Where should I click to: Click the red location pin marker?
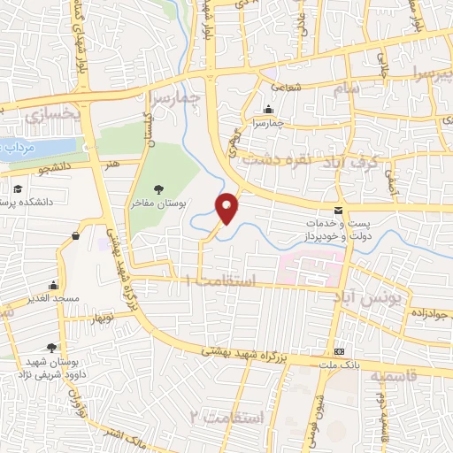click(227, 208)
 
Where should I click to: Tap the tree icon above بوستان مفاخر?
click(158, 188)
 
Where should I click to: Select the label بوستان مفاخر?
click(159, 203)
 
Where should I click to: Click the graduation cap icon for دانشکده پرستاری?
click(18, 188)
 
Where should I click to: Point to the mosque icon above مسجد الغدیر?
click(54, 285)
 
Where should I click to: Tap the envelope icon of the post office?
click(338, 211)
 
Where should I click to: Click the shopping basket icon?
click(77, 236)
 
